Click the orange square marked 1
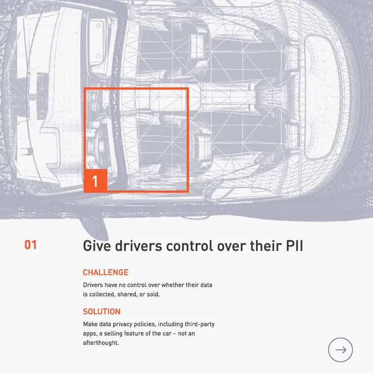pyautogui.click(x=95, y=180)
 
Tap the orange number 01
pyautogui.click(x=31, y=245)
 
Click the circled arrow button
pyautogui.click(x=341, y=350)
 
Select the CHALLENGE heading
pyautogui.click(x=106, y=272)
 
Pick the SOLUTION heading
pyautogui.click(x=101, y=312)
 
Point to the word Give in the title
pyautogui.click(x=97, y=246)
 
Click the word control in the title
pyautogui.click(x=190, y=246)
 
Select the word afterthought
pyautogui.click(x=101, y=343)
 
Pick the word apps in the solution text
pyautogui.click(x=90, y=334)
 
